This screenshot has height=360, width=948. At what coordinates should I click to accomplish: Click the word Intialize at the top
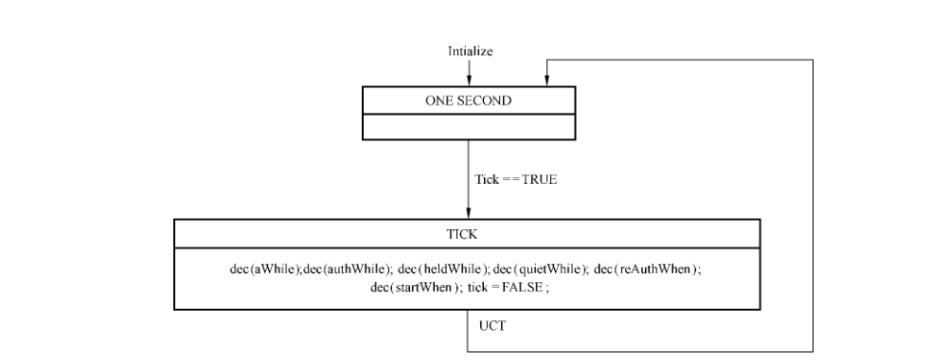pos(470,51)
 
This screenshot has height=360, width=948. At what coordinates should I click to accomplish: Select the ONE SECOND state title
pos(468,100)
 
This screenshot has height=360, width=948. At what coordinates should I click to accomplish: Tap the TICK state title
pos(461,234)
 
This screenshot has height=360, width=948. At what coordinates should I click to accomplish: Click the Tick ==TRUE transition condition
pos(516,179)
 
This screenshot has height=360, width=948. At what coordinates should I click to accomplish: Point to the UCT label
pos(492,326)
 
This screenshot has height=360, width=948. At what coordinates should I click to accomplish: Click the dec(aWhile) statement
pos(265,269)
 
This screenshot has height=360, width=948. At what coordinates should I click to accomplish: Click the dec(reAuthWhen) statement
pos(648,269)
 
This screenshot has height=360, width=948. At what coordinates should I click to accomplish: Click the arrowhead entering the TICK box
pos(468,213)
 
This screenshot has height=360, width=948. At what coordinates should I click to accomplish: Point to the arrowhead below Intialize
pos(469,81)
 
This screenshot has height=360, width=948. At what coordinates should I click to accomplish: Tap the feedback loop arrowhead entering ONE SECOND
pos(546,81)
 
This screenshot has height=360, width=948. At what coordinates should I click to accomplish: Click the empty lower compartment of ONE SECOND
pos(469,126)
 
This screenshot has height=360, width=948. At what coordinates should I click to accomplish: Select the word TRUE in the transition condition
pos(539,179)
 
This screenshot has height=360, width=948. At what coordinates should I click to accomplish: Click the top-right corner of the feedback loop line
pos(813,60)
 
